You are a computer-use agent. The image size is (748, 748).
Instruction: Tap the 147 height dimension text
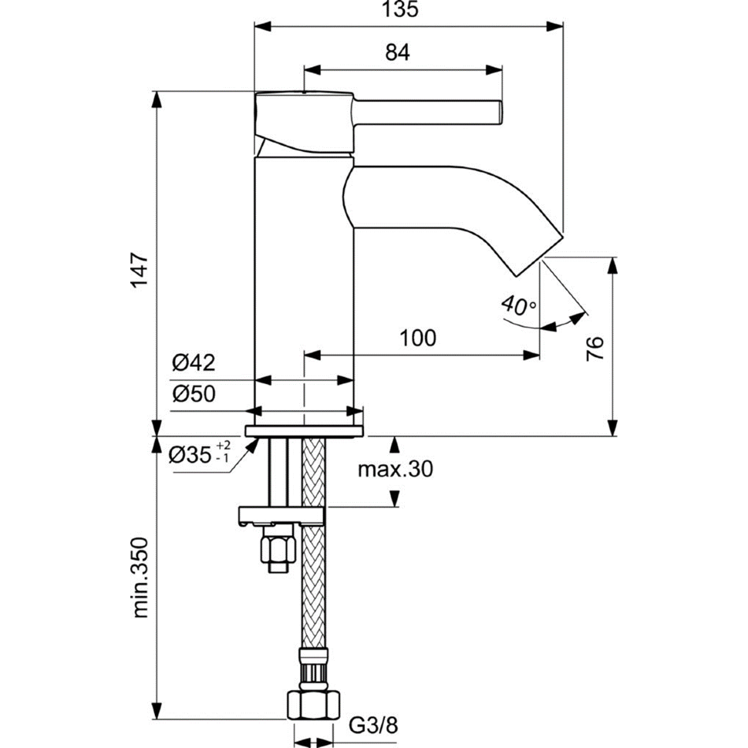139,270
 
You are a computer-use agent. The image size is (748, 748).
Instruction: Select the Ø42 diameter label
194,362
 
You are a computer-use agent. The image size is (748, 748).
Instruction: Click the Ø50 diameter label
194,393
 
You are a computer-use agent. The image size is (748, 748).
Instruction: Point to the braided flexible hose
314,586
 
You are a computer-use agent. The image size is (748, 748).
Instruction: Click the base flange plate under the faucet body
304,430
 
